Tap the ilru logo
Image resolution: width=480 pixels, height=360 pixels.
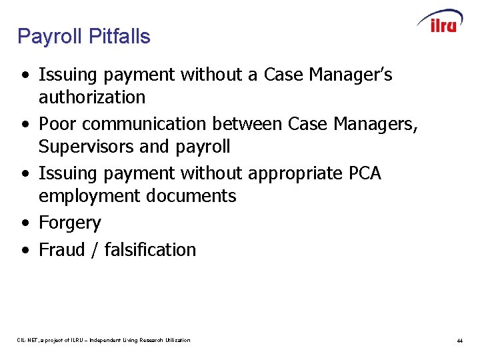(x=440, y=23)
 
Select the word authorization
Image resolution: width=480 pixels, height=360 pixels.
(x=92, y=97)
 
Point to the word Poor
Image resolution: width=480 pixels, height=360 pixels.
(x=57, y=124)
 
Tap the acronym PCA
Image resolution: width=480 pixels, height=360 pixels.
(x=365, y=173)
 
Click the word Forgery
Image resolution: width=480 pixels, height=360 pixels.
(x=69, y=223)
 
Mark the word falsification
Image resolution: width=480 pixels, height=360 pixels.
(x=150, y=250)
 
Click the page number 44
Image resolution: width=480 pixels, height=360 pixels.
(x=459, y=341)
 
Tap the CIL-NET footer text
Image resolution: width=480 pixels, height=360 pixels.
(x=103, y=340)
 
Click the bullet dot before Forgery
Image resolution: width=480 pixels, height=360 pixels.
(x=25, y=223)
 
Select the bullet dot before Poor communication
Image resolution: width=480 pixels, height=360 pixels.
(x=25, y=125)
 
